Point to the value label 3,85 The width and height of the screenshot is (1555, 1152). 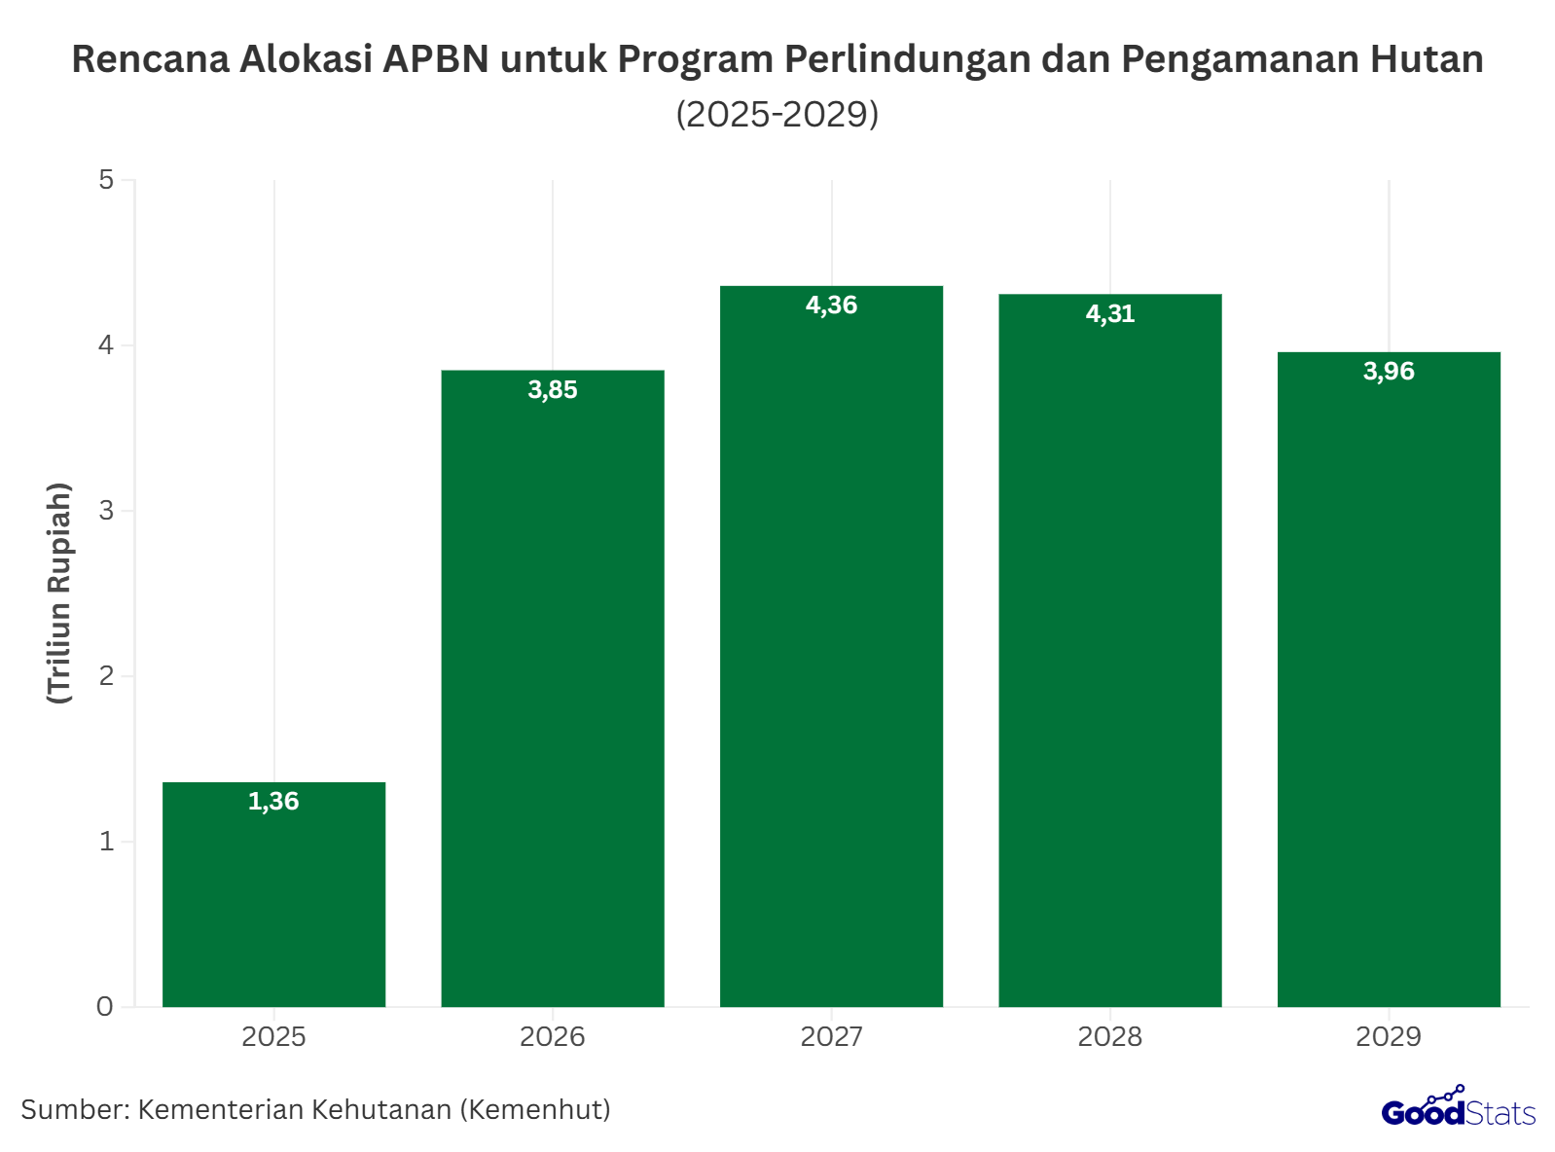[553, 390]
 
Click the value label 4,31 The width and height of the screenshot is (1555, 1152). [1110, 314]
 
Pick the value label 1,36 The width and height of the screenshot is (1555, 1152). [273, 802]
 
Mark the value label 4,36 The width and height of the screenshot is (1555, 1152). [831, 306]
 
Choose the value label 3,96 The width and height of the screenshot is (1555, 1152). [1389, 372]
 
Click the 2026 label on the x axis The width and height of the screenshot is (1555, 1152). [553, 1037]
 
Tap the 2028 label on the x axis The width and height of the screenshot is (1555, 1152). [1110, 1037]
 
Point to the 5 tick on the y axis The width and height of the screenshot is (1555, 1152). [106, 180]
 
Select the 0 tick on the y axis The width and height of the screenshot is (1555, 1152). [105, 1007]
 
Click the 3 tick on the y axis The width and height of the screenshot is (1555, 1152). [106, 511]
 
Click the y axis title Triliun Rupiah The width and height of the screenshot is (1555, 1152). [60, 593]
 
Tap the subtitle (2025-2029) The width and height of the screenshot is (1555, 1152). [777, 114]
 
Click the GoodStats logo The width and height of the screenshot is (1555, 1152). [1458, 1109]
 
